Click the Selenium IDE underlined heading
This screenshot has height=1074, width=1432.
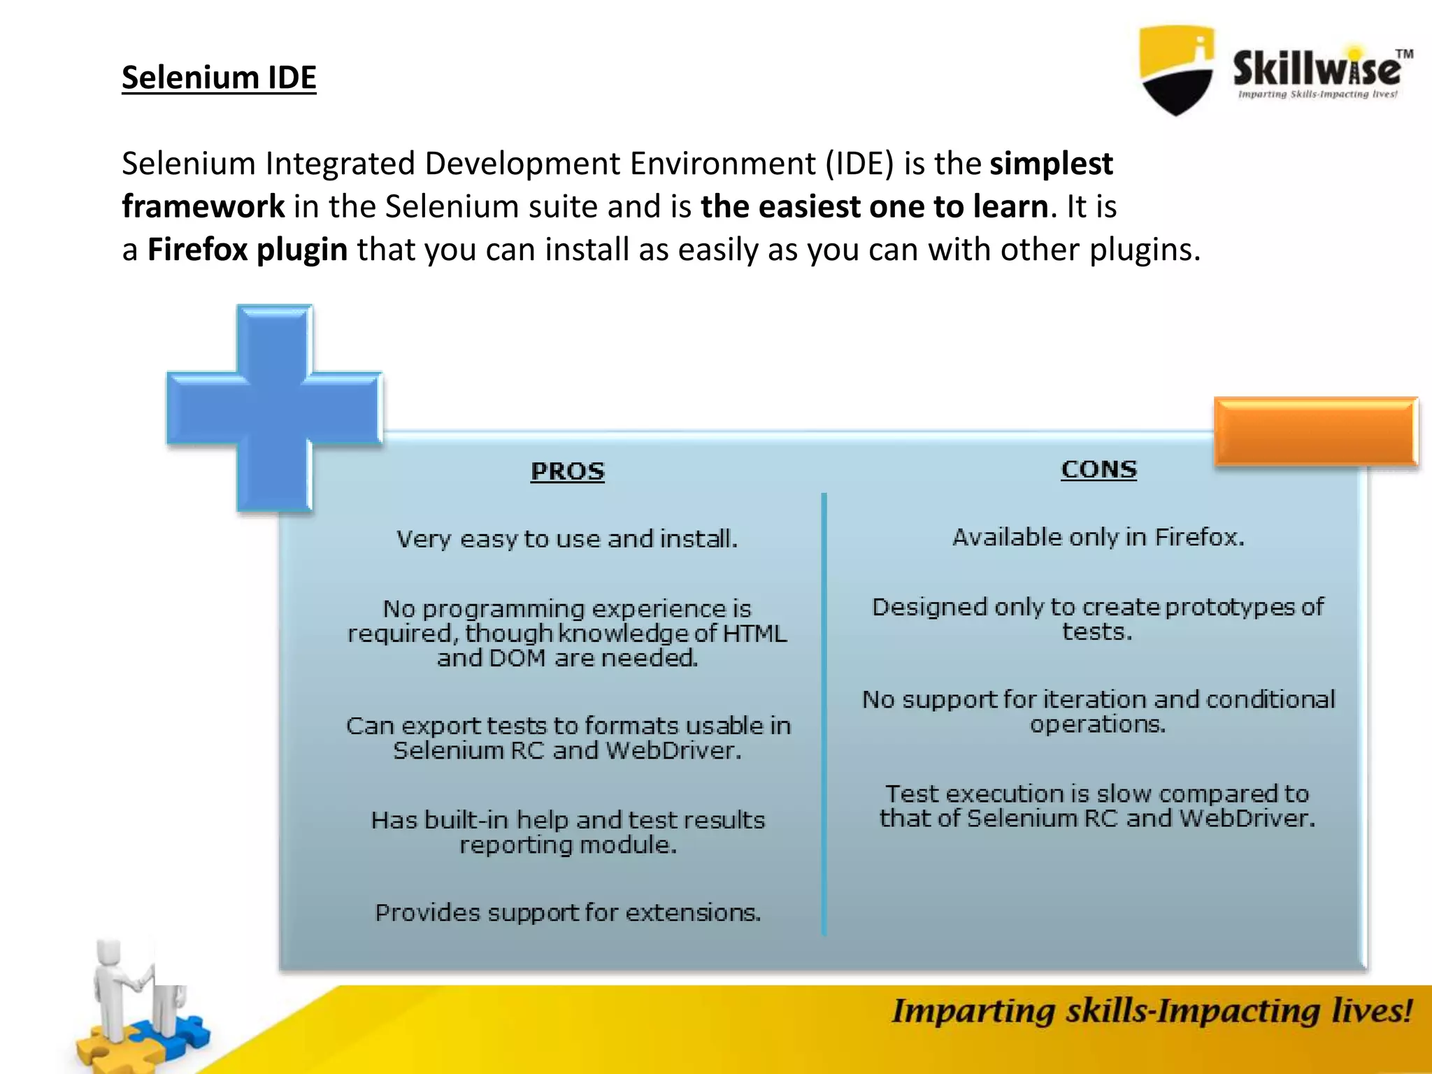(x=219, y=77)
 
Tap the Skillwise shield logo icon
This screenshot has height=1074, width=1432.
(x=1176, y=70)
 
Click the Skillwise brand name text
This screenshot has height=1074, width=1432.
(x=1317, y=69)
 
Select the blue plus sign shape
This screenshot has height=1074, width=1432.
(x=274, y=408)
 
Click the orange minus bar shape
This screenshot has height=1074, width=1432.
(x=1316, y=431)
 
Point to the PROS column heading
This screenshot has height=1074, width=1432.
(x=567, y=471)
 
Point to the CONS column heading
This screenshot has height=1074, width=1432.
(x=1098, y=469)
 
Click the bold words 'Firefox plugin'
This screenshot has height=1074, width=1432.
(x=247, y=250)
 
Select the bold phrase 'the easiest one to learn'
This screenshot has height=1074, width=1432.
(x=874, y=207)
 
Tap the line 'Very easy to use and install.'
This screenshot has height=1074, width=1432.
(x=567, y=539)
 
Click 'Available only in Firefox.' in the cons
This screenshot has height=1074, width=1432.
(x=1098, y=537)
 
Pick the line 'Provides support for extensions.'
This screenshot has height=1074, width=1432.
(x=567, y=912)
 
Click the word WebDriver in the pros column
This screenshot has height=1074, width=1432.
(x=673, y=751)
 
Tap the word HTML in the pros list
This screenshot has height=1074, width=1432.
(x=754, y=633)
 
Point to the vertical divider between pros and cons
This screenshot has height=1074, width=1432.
(x=824, y=713)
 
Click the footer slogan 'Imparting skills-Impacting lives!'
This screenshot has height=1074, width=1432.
(x=1152, y=1011)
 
